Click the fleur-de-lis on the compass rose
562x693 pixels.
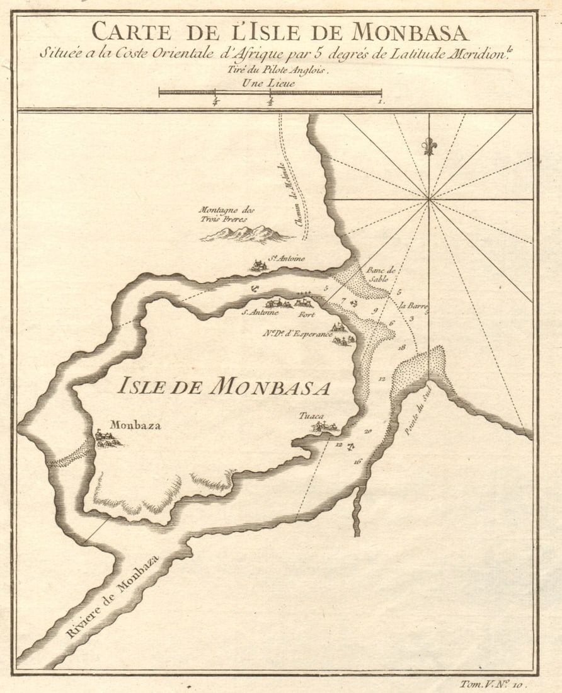click(x=429, y=146)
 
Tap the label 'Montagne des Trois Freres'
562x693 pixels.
click(x=226, y=214)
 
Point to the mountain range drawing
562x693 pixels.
click(x=246, y=234)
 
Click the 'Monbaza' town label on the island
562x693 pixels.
click(x=135, y=425)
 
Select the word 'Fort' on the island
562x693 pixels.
click(x=306, y=312)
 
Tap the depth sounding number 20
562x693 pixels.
click(x=367, y=432)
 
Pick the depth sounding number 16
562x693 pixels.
click(x=358, y=462)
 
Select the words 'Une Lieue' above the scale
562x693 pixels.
click(x=269, y=82)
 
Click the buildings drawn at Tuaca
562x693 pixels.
click(x=325, y=427)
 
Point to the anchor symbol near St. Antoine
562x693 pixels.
click(x=253, y=289)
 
